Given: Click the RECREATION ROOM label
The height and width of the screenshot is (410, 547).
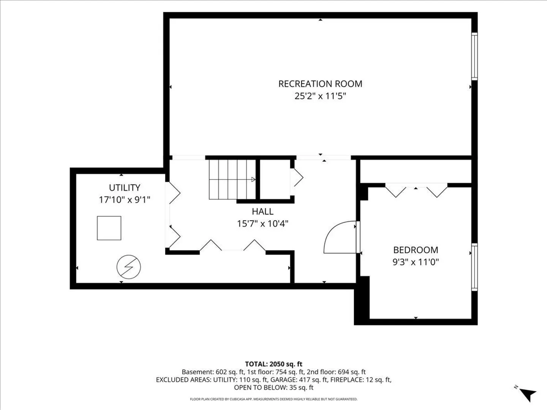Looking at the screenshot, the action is tap(320, 84).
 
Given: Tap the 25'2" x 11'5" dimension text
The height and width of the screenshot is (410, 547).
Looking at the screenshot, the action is tap(320, 96).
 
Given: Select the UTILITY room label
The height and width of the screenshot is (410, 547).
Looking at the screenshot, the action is tap(125, 188).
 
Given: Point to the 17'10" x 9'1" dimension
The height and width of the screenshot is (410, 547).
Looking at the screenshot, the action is tap(125, 200).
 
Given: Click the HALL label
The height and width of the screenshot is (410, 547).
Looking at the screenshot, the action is tap(262, 211).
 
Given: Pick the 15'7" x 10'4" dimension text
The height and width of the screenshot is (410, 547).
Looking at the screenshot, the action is tap(262, 224).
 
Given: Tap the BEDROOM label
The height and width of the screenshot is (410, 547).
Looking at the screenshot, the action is tap(416, 250).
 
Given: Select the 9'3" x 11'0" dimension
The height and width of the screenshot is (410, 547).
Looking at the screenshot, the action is tap(416, 262).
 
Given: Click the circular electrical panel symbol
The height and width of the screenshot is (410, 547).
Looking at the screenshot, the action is tap(129, 267).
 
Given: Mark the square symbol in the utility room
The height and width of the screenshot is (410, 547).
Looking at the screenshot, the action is tap(109, 228).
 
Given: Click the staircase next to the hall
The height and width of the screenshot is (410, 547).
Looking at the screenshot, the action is tap(232, 180).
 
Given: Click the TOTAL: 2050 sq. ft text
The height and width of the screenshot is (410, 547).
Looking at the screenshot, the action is tap(273, 364).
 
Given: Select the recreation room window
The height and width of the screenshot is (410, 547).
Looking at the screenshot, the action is tap(474, 56).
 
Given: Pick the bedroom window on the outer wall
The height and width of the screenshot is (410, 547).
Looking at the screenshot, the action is tap(474, 267).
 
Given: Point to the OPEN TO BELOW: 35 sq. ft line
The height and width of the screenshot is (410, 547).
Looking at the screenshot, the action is tap(273, 388).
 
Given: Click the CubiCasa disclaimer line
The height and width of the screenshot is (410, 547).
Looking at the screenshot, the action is tap(273, 399).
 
